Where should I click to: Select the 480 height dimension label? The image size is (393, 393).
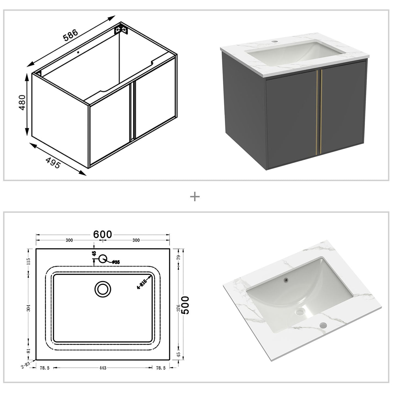point(22,102)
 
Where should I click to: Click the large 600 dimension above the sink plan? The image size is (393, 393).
point(103,234)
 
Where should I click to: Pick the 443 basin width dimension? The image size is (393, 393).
point(103,368)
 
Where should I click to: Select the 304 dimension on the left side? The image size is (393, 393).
point(29,308)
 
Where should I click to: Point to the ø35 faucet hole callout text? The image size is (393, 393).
point(116,262)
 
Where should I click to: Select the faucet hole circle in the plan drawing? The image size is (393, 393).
point(103,259)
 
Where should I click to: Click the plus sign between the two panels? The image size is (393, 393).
point(195,196)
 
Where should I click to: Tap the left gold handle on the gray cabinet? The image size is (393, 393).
point(317,113)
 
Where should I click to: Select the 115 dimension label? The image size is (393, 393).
point(29,261)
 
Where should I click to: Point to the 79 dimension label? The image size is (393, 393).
point(179,257)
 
